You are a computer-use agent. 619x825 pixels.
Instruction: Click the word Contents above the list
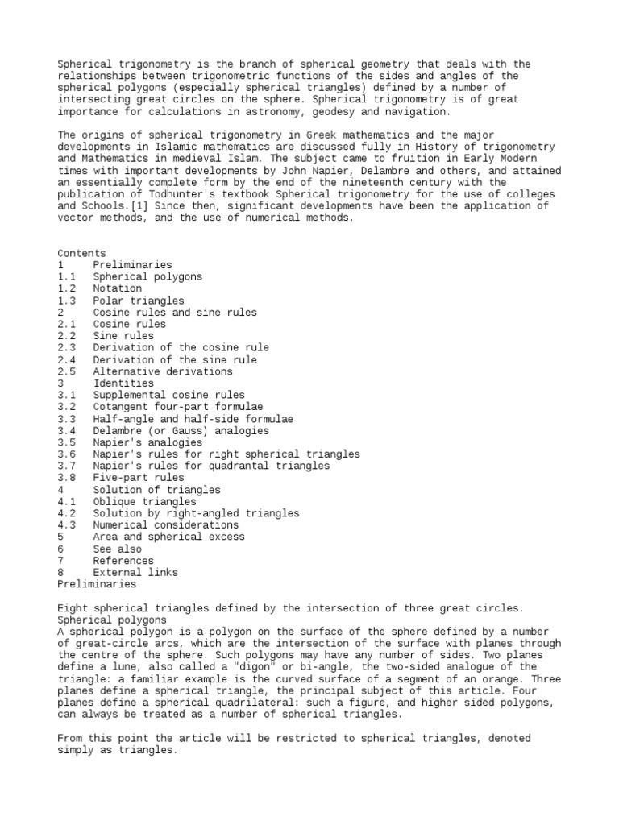click(81, 253)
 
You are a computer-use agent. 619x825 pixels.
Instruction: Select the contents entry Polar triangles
click(139, 301)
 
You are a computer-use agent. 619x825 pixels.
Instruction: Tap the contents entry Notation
click(117, 288)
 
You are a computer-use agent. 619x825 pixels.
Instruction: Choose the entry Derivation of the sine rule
click(175, 359)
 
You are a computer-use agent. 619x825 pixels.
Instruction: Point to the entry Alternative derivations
click(163, 371)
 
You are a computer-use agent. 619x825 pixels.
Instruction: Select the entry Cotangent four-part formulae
click(178, 407)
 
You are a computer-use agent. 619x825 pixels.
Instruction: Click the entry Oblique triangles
click(145, 502)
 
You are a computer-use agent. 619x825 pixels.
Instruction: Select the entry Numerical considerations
click(166, 525)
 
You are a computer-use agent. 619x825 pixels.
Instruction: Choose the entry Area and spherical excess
click(169, 537)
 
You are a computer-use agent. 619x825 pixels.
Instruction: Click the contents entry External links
click(135, 573)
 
